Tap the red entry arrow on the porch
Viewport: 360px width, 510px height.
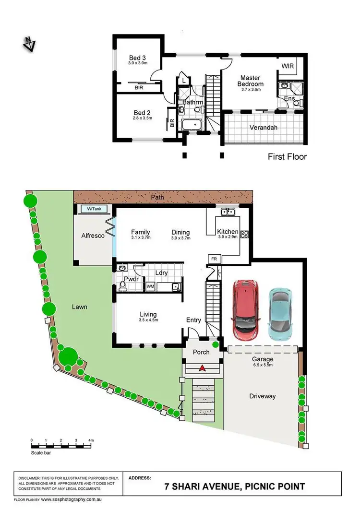tap(203, 368)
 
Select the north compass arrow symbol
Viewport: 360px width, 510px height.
tap(30, 44)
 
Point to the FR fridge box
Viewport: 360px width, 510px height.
tap(213, 260)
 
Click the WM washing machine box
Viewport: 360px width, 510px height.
tap(150, 286)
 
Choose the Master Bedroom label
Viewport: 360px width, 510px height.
tap(250, 81)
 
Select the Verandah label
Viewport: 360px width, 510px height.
tap(264, 128)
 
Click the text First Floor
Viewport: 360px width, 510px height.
tap(286, 156)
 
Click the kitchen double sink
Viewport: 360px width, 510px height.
tap(228, 212)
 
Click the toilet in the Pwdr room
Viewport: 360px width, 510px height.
tap(122, 286)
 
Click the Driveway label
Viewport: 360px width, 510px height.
tap(262, 396)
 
